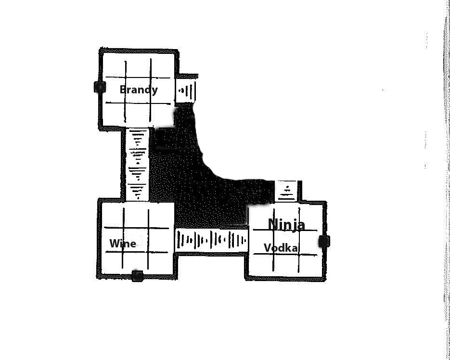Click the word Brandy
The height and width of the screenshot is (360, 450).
(x=139, y=90)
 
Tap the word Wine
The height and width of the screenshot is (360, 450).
(x=123, y=244)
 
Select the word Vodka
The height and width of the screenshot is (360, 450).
(x=281, y=248)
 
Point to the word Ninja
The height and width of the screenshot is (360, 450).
(x=286, y=224)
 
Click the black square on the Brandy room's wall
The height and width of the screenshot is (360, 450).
(x=100, y=87)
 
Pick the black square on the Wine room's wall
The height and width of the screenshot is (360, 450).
(x=137, y=276)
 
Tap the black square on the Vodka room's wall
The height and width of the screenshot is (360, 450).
(x=324, y=241)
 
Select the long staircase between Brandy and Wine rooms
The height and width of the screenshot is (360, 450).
(x=138, y=165)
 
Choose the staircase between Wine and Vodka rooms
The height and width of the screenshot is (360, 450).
(x=211, y=240)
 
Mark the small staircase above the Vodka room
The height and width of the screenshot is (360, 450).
(x=287, y=191)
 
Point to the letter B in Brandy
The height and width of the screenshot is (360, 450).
(x=123, y=90)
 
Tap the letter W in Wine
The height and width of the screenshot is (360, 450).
(x=115, y=244)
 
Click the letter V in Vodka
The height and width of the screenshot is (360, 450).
(x=268, y=248)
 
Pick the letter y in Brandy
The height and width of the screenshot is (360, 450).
(x=154, y=91)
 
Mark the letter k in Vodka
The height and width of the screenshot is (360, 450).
(x=287, y=248)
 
